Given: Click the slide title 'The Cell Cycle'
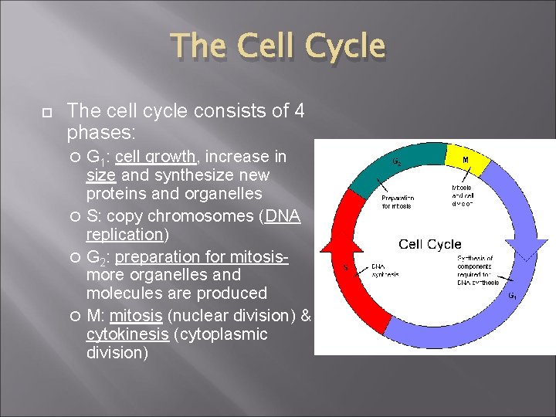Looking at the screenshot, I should click(277, 46).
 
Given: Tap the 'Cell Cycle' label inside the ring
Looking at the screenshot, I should click(430, 244).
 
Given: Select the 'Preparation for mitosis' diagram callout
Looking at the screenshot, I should click(398, 202).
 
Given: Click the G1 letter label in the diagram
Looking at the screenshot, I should click(512, 294).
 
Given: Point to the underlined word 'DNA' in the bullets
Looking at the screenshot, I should click(283, 216).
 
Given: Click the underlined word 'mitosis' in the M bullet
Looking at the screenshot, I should click(135, 315).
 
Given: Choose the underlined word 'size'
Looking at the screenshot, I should click(100, 175).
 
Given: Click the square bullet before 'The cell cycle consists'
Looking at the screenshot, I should click(46, 113).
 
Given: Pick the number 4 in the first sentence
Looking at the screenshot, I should click(298, 111).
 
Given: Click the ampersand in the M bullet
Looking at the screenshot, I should click(304, 315).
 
